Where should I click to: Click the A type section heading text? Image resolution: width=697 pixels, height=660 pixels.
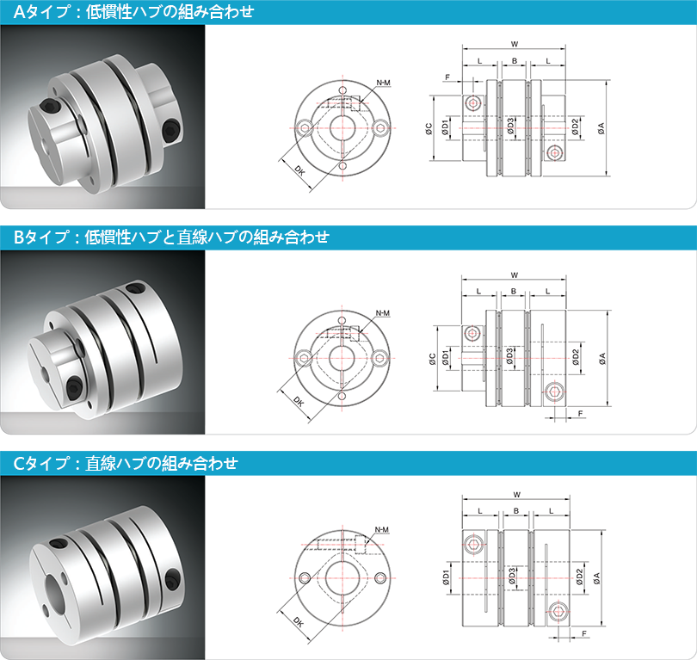tap(133, 11)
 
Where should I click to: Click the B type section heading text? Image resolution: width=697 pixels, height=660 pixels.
tap(171, 237)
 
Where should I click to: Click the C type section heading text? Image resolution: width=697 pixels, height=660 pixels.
tap(126, 463)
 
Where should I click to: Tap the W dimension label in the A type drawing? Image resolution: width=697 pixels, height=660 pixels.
tap(515, 44)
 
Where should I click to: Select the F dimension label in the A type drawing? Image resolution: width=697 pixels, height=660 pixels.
tap(447, 77)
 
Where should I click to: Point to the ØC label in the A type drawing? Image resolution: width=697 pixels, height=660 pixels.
tap(429, 128)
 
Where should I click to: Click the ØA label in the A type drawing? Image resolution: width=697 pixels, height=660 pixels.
tap(601, 128)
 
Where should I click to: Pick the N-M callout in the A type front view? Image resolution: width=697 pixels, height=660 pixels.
tap(383, 83)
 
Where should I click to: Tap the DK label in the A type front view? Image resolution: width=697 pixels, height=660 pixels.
tap(300, 170)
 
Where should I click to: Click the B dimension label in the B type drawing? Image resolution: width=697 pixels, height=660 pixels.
tap(514, 291)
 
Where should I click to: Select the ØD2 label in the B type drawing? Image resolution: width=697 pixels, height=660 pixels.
tap(576, 357)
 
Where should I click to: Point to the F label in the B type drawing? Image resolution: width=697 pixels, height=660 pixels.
tap(580, 413)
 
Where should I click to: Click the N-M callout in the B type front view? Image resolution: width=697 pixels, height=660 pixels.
tap(382, 313)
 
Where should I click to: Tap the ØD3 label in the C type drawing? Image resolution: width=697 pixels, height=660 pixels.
tap(512, 576)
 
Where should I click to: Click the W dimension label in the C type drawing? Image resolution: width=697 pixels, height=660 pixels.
tap(516, 494)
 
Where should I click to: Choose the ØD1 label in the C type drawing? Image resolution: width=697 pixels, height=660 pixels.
tap(446, 577)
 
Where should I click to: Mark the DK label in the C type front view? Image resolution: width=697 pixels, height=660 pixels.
tap(299, 623)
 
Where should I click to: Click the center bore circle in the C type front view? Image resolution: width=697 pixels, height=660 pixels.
tap(342, 578)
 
